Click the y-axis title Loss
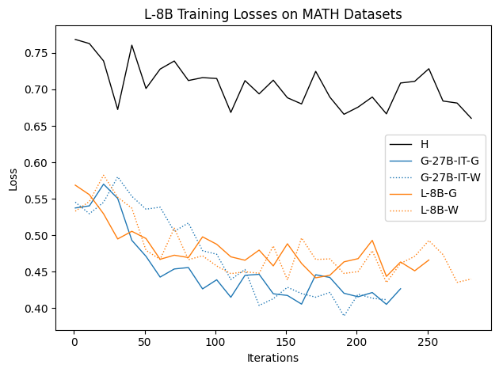click(x=13, y=178)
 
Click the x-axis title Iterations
click(x=272, y=358)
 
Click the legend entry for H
click(x=425, y=144)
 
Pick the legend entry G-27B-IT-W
click(x=449, y=177)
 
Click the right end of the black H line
click(x=471, y=119)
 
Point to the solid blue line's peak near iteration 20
click(x=103, y=184)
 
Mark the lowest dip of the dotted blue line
click(x=344, y=316)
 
